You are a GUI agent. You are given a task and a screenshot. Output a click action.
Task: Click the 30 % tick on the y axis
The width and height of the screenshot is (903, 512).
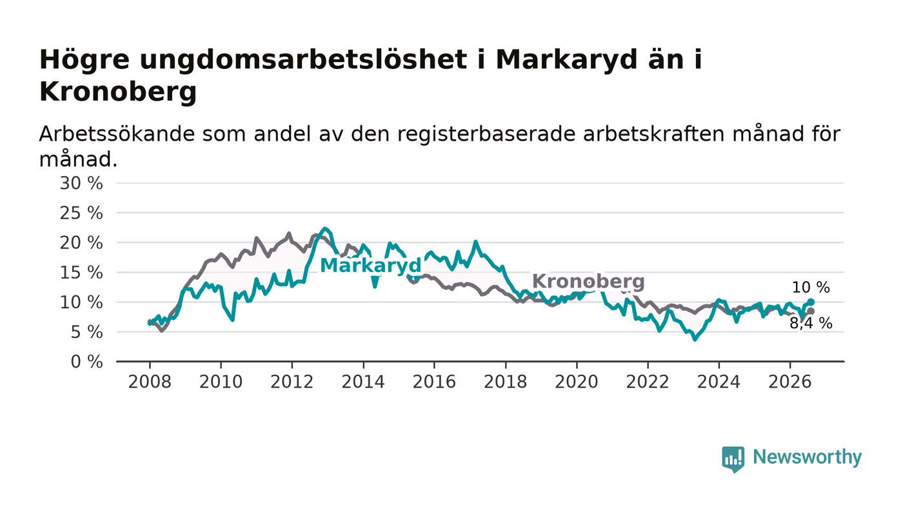81,183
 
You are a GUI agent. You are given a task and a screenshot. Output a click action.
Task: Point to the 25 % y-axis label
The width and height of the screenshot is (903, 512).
81,213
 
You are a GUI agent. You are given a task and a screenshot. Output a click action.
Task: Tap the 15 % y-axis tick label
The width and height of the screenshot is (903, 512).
81,273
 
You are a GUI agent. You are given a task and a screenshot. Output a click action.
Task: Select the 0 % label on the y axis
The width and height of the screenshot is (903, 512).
86,362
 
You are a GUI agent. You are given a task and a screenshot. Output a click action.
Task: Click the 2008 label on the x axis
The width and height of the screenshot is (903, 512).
150,382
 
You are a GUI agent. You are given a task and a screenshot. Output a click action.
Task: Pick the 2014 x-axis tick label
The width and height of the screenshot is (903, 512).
363,382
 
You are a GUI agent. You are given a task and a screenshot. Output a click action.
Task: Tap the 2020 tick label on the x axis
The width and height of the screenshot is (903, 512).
577,382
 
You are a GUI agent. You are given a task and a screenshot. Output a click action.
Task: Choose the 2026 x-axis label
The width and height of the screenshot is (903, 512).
789,382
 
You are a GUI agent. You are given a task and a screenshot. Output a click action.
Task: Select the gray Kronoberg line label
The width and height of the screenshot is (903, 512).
588,281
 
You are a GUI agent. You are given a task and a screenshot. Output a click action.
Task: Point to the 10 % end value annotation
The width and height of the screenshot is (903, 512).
811,288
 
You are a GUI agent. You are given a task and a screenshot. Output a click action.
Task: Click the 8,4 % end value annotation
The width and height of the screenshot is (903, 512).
811,323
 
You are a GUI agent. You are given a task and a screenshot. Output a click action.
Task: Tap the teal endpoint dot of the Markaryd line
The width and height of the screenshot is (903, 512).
811,302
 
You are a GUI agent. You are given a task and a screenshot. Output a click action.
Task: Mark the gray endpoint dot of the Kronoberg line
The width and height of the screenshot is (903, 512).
811,311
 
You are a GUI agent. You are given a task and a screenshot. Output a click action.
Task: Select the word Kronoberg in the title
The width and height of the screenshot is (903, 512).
118,92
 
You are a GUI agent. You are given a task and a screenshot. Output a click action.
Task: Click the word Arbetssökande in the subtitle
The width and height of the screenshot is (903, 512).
117,134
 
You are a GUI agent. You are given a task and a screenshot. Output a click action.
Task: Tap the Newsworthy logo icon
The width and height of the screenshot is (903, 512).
733,458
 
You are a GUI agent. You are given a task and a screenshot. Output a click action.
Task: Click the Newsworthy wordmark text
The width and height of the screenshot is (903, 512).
807,458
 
